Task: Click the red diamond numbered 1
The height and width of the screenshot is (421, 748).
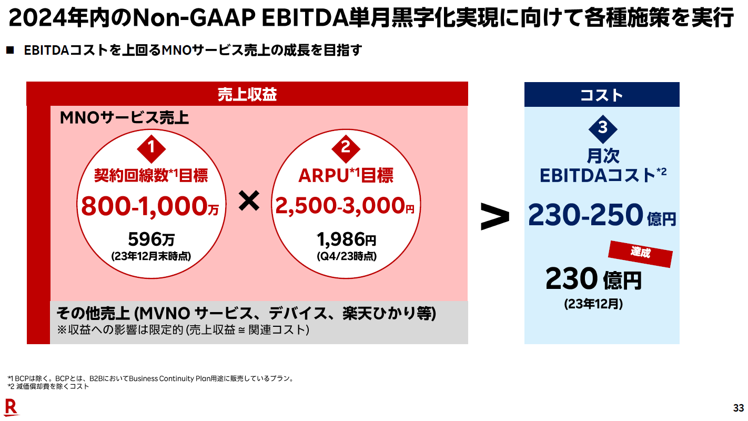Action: pos(151,148)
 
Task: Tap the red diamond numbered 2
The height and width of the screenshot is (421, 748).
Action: pos(346,148)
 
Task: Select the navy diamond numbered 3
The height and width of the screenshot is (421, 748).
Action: pos(602,128)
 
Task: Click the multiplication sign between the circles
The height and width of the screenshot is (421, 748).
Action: pos(249,202)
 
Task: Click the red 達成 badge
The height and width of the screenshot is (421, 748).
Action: pos(640,253)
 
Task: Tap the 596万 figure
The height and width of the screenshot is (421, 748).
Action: pos(151,239)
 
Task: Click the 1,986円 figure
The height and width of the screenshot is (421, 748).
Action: pos(346,239)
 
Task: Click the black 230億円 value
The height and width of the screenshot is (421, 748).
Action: pos(593,279)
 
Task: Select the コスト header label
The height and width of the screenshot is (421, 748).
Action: pos(602,95)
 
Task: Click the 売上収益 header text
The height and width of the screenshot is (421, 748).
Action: pos(247,94)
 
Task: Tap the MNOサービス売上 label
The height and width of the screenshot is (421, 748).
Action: pos(125,118)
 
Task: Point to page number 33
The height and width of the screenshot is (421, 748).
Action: pos(739,408)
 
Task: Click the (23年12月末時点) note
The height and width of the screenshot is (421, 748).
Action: pos(151,257)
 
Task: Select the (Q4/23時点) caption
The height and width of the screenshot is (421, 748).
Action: pos(346,257)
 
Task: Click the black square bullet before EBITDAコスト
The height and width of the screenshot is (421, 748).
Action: pos(9,51)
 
